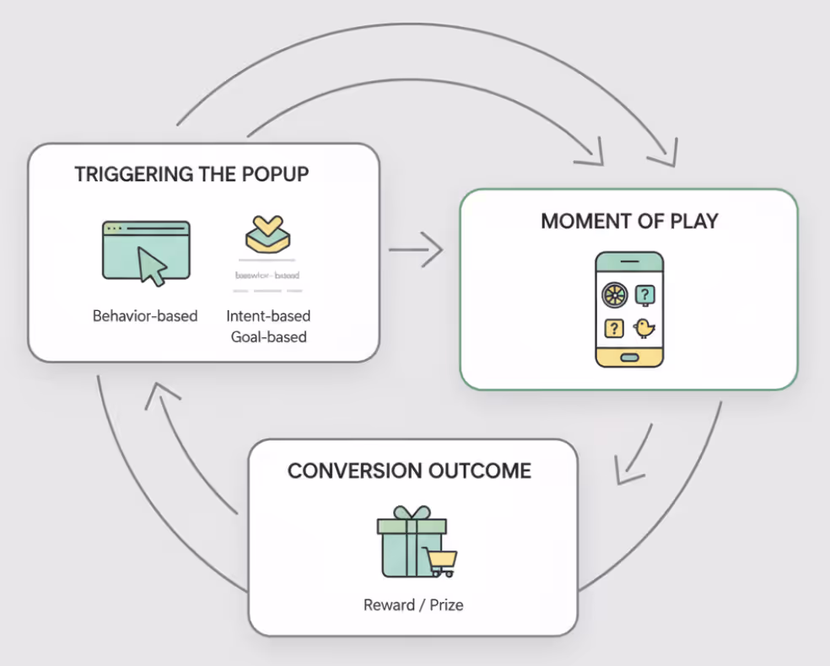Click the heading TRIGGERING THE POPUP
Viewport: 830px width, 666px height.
pyautogui.click(x=191, y=175)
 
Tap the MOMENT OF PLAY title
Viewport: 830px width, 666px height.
pyautogui.click(x=628, y=221)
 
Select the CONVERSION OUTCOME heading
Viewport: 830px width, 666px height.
pyautogui.click(x=409, y=470)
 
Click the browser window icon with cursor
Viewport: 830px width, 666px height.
pyautogui.click(x=146, y=252)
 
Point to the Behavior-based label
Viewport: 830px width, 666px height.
pyautogui.click(x=145, y=316)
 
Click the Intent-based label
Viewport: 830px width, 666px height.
pyautogui.click(x=268, y=316)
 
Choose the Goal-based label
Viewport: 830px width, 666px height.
pyautogui.click(x=268, y=337)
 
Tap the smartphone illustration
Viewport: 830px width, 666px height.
pyautogui.click(x=629, y=309)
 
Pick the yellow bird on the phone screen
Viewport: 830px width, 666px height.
pyautogui.click(x=644, y=327)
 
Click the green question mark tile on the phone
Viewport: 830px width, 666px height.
pyautogui.click(x=644, y=294)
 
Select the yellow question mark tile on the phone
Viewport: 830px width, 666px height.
pyautogui.click(x=614, y=328)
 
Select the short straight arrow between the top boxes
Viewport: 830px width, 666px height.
pyautogui.click(x=415, y=250)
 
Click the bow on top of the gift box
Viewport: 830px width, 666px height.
pyautogui.click(x=411, y=513)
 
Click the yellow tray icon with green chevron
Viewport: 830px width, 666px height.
pyautogui.click(x=267, y=235)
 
